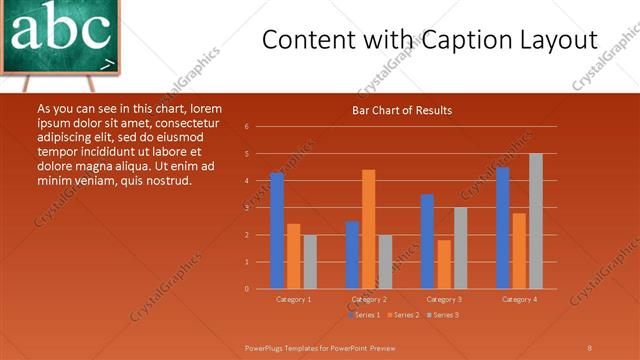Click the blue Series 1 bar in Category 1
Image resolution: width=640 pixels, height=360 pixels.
pos(277,231)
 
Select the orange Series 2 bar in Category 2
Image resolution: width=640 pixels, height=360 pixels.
pos(369,229)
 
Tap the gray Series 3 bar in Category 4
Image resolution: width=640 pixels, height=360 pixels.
pos(536,221)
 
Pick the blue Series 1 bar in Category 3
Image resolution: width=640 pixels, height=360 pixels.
pos(427,241)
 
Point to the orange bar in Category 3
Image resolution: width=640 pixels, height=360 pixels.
pos(444,264)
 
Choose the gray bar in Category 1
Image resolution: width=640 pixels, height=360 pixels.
pos(310,262)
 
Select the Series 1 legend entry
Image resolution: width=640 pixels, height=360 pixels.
pos(364,315)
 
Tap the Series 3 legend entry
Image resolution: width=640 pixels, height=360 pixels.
pos(444,315)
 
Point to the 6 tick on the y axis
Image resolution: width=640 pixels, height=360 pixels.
pos(246,127)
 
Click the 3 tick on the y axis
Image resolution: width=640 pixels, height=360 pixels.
pos(246,208)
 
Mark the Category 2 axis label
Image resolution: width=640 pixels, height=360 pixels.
pos(369,299)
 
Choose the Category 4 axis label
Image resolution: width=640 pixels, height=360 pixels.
pos(519,299)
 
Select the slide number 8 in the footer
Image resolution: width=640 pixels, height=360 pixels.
pos(589,347)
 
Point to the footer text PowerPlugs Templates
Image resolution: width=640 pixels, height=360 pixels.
pos(289,347)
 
